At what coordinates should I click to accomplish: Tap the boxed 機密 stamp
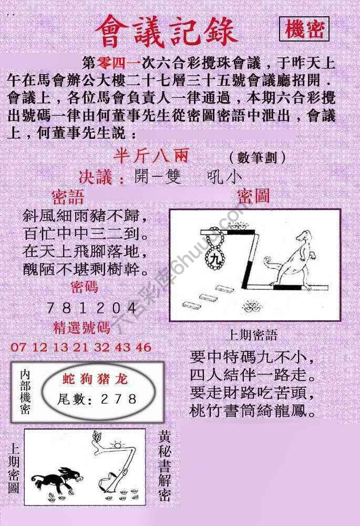[304, 30]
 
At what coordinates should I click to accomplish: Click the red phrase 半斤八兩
[150, 156]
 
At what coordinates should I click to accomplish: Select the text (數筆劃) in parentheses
[258, 157]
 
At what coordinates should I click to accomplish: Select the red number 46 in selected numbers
[143, 347]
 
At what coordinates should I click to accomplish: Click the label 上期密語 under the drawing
[252, 335]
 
